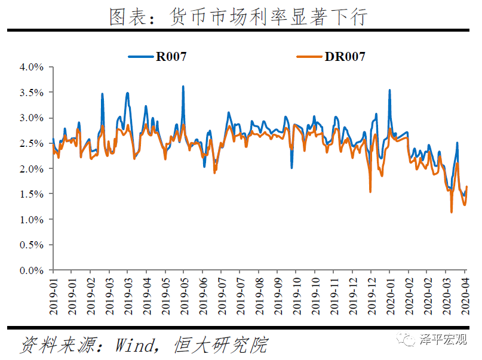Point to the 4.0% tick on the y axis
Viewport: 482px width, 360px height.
[x=31, y=67]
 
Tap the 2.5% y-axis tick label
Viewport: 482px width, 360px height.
[x=31, y=143]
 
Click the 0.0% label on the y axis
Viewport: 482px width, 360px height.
[x=31, y=270]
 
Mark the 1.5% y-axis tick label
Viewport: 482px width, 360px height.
[x=31, y=194]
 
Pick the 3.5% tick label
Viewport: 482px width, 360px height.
[x=31, y=93]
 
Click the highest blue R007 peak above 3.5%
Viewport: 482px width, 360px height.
[x=183, y=87]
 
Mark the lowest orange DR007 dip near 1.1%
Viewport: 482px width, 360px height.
[x=452, y=211]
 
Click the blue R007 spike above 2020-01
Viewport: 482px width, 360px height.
[x=389, y=91]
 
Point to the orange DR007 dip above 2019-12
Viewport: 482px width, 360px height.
[x=370, y=191]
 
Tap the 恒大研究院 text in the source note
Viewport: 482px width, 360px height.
[x=220, y=345]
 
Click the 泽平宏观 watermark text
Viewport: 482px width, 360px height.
[x=443, y=340]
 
